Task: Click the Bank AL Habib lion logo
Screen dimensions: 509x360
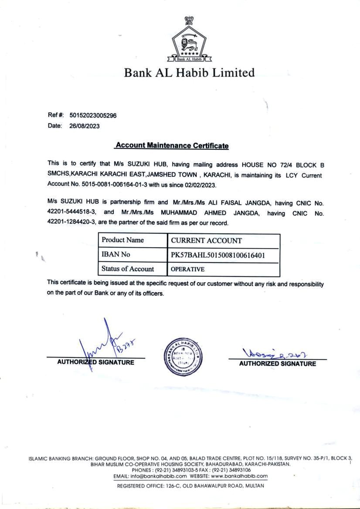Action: point(189,41)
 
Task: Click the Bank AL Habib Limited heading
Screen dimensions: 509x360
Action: point(189,72)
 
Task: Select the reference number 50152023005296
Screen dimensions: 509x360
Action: point(93,115)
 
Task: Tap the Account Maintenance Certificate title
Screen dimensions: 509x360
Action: point(172,146)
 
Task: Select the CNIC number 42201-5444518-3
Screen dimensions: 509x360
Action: point(71,212)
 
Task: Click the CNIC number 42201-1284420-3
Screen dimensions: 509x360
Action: point(71,222)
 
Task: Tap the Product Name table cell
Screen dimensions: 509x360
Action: point(123,240)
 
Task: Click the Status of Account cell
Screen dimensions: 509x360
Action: point(128,269)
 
